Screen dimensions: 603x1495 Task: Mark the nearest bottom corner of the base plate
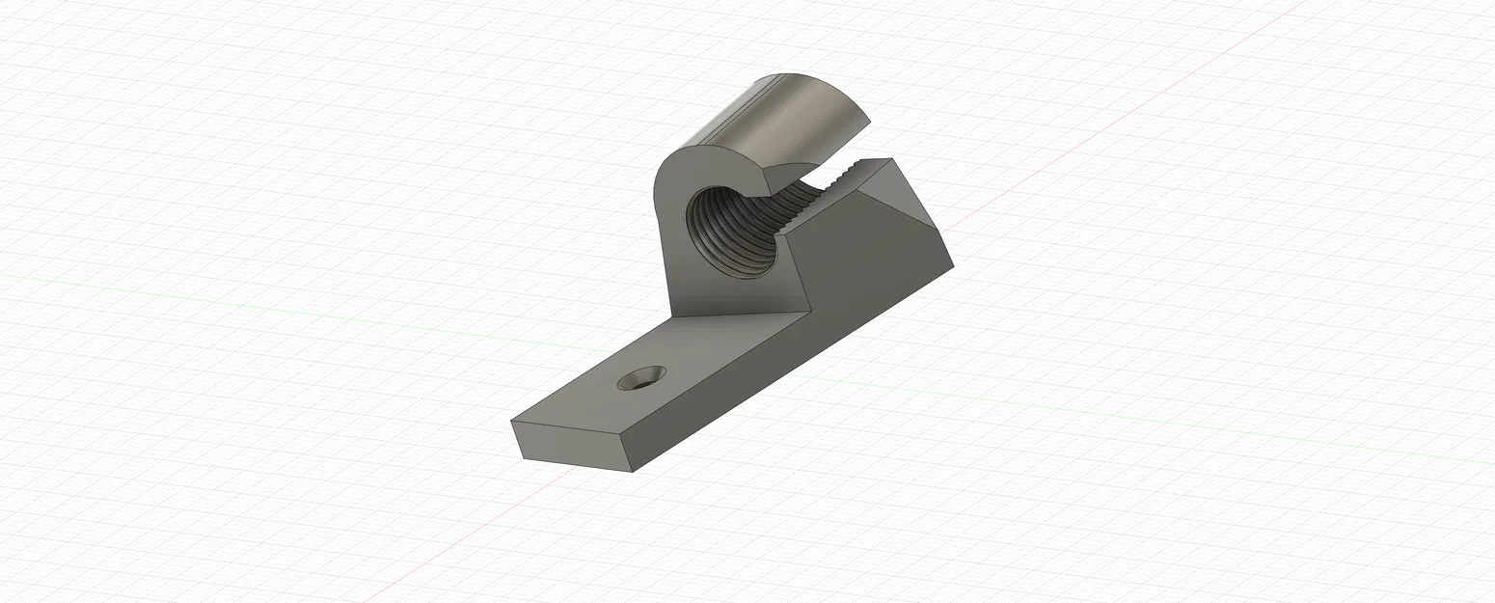point(632,472)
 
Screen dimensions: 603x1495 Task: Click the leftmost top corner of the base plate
point(510,422)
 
